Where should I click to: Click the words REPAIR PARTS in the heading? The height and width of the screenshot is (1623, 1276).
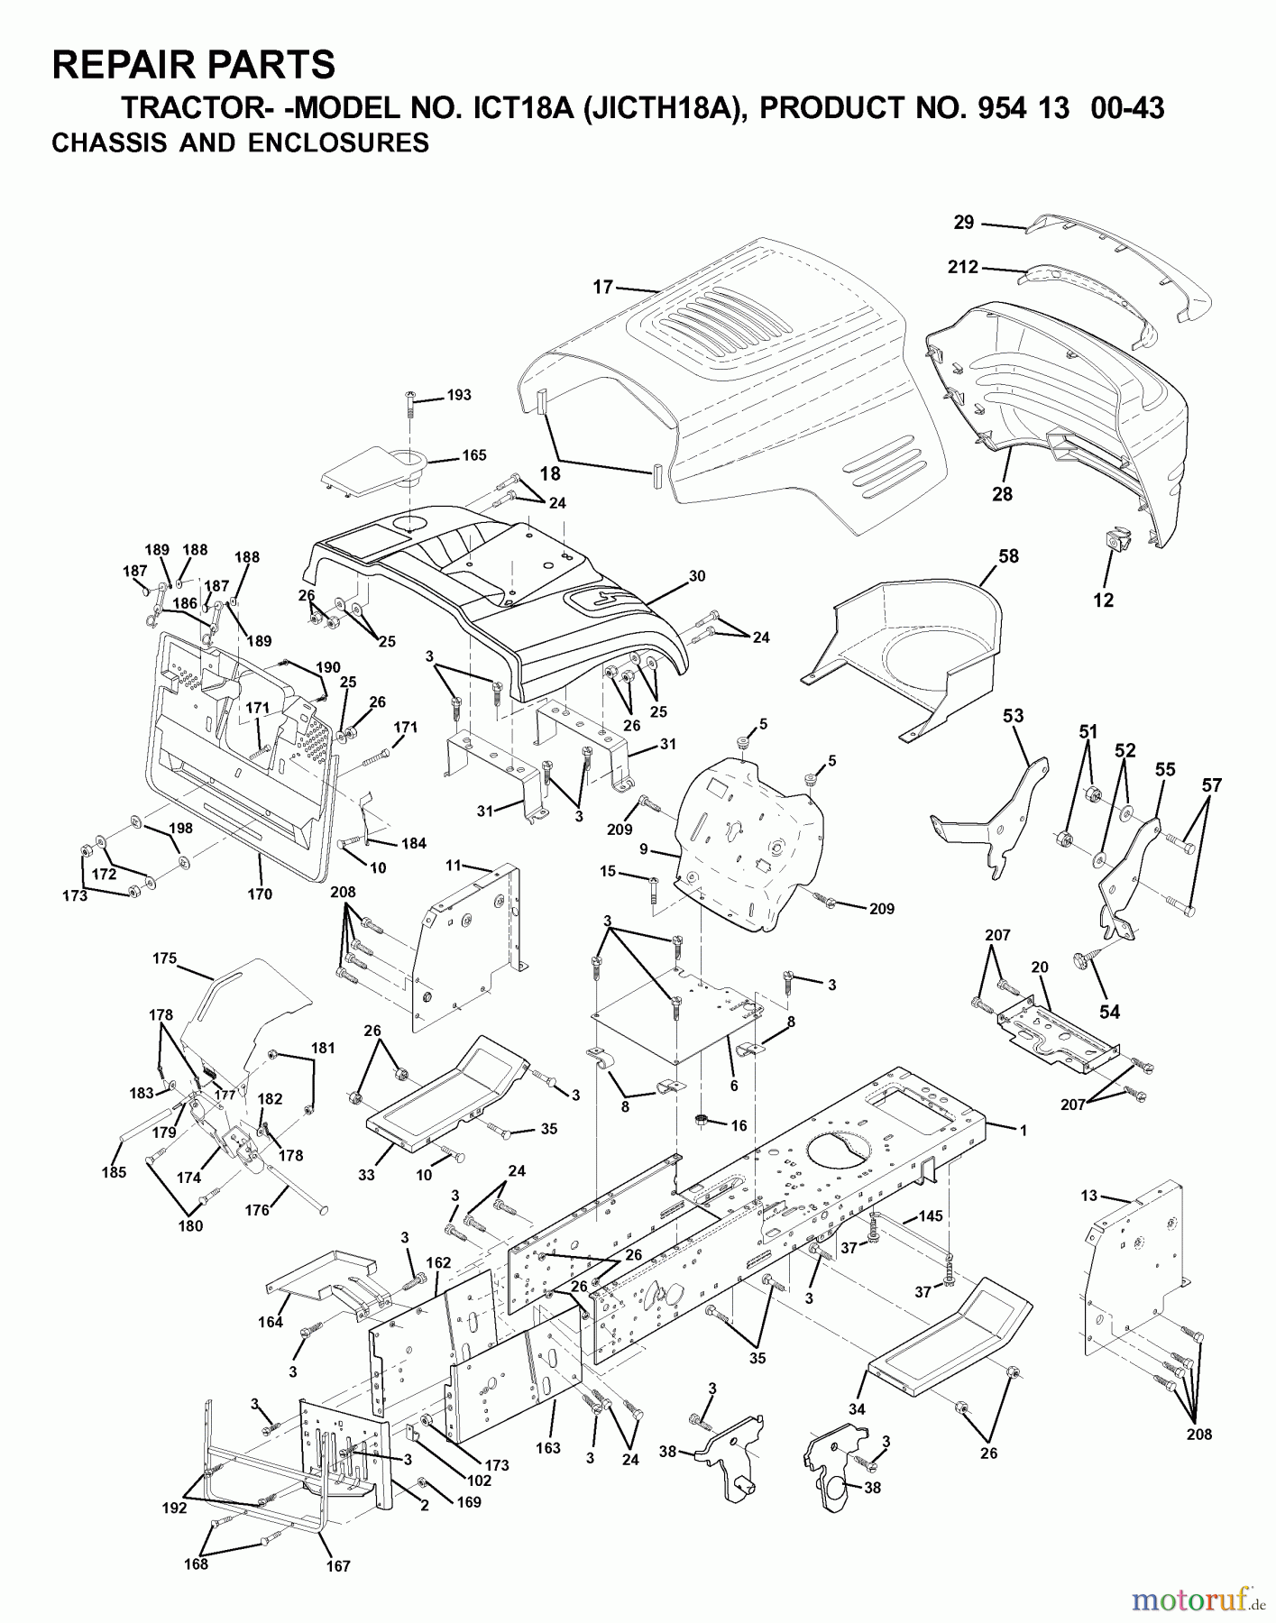coord(194,65)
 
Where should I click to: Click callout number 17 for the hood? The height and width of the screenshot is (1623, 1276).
coord(602,287)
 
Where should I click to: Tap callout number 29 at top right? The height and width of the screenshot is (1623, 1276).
coord(964,221)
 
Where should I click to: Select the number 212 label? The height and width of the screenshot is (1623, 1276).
coord(963,267)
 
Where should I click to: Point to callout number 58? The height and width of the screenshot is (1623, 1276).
coord(1008,556)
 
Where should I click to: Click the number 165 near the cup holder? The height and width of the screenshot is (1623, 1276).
coord(473,455)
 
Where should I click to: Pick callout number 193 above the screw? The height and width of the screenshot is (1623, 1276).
coord(459,395)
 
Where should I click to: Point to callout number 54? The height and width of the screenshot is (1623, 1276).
coord(1109,1012)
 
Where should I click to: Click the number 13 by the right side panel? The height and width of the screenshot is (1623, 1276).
coord(1089,1196)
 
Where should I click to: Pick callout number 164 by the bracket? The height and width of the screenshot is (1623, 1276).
coord(271,1322)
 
